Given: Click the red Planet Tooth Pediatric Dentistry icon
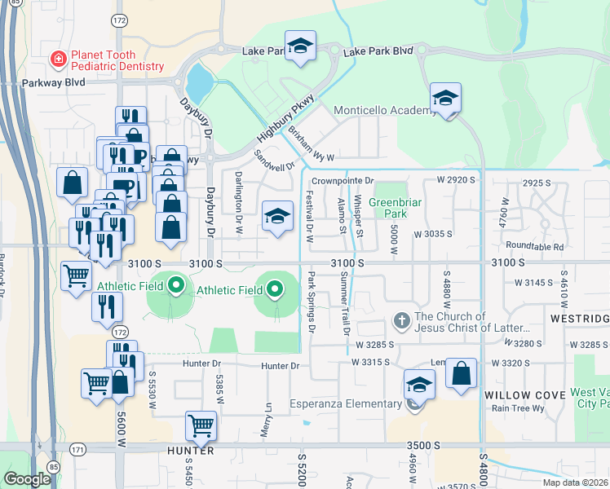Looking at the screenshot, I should click(58, 59).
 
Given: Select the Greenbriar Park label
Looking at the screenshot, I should click(387, 209).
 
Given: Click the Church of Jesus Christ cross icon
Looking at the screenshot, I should click(400, 321).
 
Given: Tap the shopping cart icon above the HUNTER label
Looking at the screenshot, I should click(200, 425).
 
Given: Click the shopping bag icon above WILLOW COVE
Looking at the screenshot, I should click(461, 374).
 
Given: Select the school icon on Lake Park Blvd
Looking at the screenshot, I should click(299, 47).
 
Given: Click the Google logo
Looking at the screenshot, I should click(27, 479).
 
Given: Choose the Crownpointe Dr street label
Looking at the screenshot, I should click(343, 180).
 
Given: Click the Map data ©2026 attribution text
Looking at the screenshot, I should click(575, 482).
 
